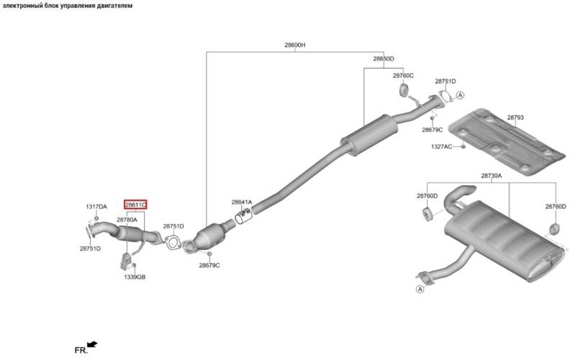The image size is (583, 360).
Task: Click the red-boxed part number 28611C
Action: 136,204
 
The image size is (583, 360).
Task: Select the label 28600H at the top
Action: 295,45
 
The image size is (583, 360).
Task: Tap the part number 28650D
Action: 384,59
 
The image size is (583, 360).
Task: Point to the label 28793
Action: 515,117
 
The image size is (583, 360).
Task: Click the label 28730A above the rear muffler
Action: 491,176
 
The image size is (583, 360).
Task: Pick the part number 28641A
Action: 242,202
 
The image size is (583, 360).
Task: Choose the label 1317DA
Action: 96,207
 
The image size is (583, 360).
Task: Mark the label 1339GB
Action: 135,277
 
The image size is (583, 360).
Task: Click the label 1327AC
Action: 441,147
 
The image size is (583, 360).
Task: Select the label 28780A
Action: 127,220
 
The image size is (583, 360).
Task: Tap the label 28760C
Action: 403,76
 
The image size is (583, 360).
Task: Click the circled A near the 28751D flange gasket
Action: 461,95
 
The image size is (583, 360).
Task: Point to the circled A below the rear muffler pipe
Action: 420,289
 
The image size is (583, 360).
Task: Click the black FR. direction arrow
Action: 92,345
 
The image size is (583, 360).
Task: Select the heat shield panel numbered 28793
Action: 507,143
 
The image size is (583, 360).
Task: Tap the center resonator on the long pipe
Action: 369,135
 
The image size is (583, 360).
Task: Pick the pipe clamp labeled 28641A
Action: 243,217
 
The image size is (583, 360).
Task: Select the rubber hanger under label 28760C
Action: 403,90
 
